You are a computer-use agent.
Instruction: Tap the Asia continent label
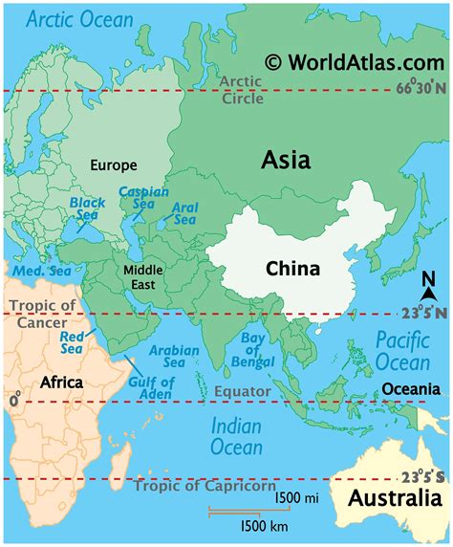[x=286, y=161]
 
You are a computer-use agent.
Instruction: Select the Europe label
[x=113, y=164]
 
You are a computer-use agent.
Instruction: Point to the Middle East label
[x=143, y=276]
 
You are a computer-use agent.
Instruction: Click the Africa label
[x=62, y=382]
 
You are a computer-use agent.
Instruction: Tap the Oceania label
[x=410, y=388]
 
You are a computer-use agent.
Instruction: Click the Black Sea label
[x=86, y=208]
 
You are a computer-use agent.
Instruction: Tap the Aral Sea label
[x=184, y=212]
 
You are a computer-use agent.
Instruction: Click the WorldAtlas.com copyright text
[x=356, y=62]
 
